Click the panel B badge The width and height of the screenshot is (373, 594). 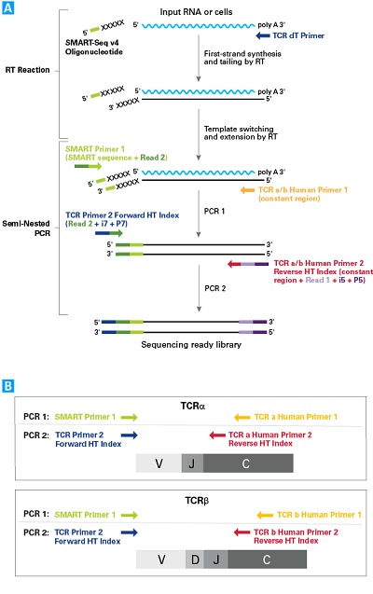pyautogui.click(x=8, y=384)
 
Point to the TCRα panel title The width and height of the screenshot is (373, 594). pyautogui.click(x=192, y=408)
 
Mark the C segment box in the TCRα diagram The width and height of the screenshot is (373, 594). pyautogui.click(x=248, y=463)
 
